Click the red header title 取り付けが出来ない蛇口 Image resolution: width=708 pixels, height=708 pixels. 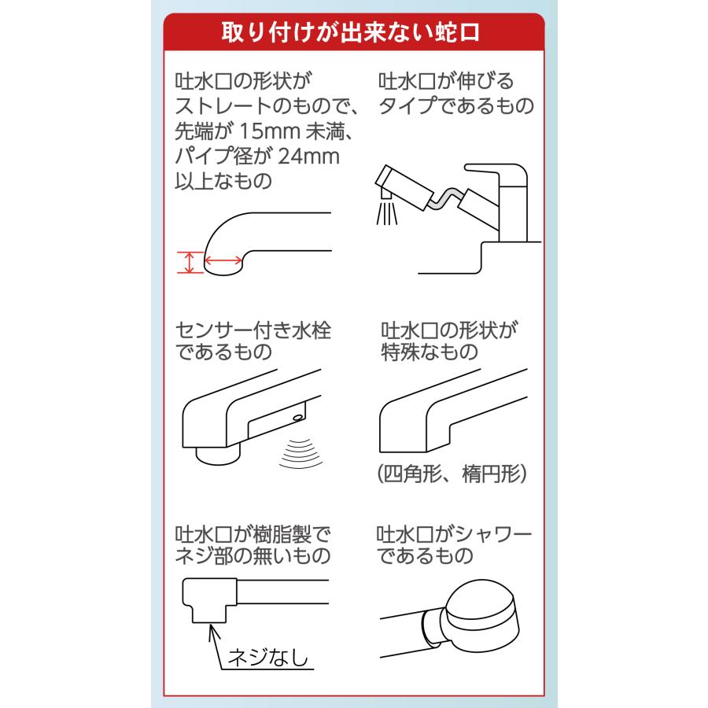point(353,35)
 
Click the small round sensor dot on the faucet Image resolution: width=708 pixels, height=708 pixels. point(298,416)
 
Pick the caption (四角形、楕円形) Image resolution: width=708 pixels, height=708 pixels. point(451,474)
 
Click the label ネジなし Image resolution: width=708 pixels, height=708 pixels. point(267,655)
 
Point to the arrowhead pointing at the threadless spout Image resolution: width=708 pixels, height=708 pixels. point(212,626)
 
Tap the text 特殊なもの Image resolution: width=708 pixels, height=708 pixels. point(429,352)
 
